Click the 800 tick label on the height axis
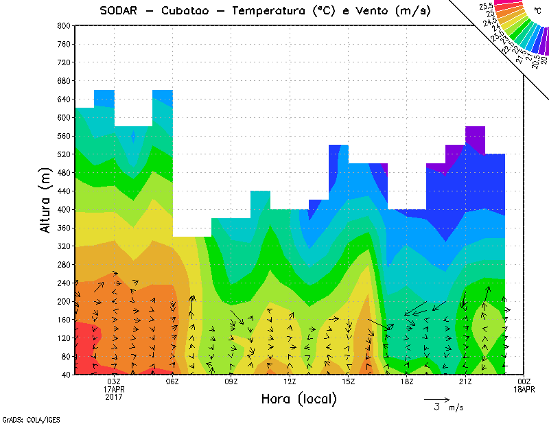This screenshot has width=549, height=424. (63, 25)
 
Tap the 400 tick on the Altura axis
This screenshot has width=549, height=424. (63, 209)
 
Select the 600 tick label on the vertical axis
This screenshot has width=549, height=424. (63, 117)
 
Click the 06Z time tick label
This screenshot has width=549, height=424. (172, 381)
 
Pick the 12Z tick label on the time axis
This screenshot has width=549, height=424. (290, 381)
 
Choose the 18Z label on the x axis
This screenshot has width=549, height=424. (407, 381)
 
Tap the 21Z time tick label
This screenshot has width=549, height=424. (465, 381)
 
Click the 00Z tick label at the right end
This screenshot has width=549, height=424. (524, 381)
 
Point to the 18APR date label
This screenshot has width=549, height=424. (524, 389)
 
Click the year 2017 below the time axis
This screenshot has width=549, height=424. (114, 397)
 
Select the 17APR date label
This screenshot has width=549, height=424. (114, 389)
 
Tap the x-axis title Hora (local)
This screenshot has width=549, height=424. (298, 399)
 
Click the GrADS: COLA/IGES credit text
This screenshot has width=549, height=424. (25, 419)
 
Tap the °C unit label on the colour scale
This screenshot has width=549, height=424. (537, 12)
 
